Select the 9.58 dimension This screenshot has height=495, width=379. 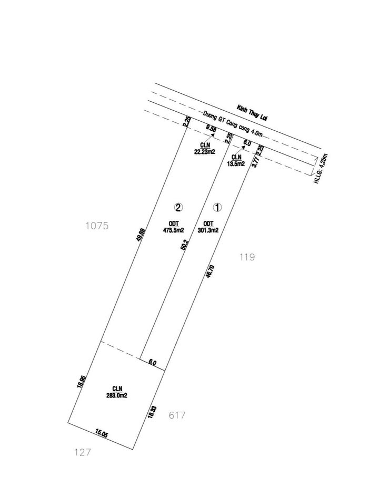211,128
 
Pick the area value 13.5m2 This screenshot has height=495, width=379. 236,164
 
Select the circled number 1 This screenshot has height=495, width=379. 217,207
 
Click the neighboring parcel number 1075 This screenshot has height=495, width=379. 96,226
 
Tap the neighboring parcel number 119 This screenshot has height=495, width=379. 246,257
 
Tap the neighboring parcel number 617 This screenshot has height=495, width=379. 176,415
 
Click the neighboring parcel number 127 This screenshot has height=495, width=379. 83,452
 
